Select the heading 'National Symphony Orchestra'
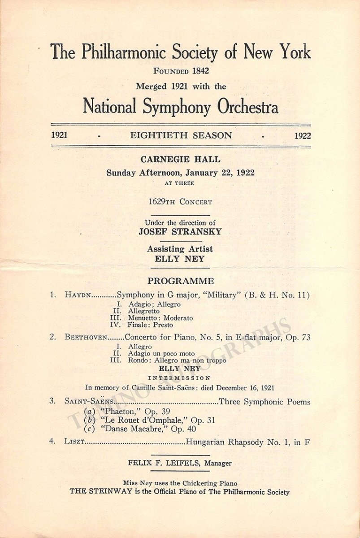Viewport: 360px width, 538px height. [180, 107]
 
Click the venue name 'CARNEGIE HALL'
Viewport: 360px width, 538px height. [180, 160]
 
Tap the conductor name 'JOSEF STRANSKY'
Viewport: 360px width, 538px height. [180, 232]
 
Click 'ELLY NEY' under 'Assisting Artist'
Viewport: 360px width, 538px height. [180, 258]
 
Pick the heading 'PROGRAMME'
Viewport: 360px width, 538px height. [181, 282]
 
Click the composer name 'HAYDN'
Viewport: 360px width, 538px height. [78, 295]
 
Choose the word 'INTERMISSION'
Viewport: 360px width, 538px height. [180, 378]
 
